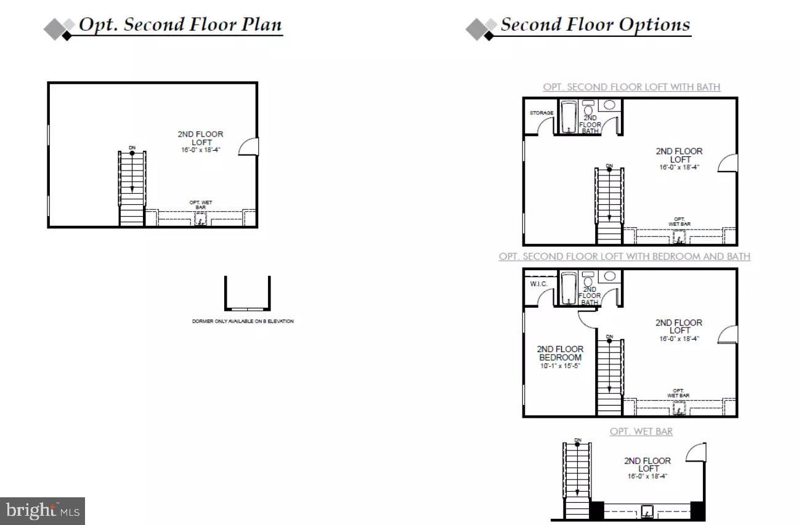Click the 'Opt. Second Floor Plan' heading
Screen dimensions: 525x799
coord(180,26)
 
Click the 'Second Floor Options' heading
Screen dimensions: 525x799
coord(594,26)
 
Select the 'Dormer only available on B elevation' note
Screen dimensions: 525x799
coord(243,321)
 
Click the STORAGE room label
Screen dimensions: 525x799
coord(541,113)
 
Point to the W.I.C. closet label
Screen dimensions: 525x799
coord(539,284)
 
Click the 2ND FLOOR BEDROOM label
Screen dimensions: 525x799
coord(560,353)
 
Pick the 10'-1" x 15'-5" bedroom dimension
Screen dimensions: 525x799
coord(560,366)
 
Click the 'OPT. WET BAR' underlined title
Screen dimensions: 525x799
coord(641,431)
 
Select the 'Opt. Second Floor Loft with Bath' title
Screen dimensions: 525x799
coord(631,87)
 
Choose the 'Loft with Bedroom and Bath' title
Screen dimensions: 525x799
coord(625,257)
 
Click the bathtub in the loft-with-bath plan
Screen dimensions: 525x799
coord(568,116)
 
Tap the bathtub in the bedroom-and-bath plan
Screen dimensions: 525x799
coord(568,287)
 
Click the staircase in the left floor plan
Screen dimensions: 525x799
coord(132,188)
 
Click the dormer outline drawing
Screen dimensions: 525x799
coord(247,294)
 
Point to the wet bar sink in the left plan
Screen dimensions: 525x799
coord(200,218)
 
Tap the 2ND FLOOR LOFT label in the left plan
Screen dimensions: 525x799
coord(200,138)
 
